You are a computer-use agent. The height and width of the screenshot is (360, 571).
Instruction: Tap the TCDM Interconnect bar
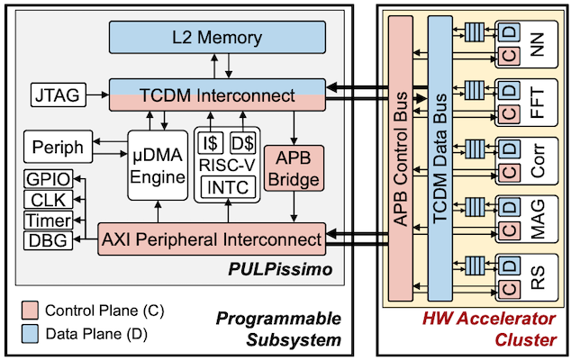pos(216,94)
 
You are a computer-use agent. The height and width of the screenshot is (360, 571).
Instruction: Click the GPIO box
pos(45,178)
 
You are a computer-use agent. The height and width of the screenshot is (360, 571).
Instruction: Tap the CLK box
pos(45,199)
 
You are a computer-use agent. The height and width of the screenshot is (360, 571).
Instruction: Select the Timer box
pos(45,220)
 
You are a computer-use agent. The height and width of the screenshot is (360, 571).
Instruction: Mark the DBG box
pos(45,240)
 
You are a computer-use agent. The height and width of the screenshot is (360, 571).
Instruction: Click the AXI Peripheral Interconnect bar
pos(210,239)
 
